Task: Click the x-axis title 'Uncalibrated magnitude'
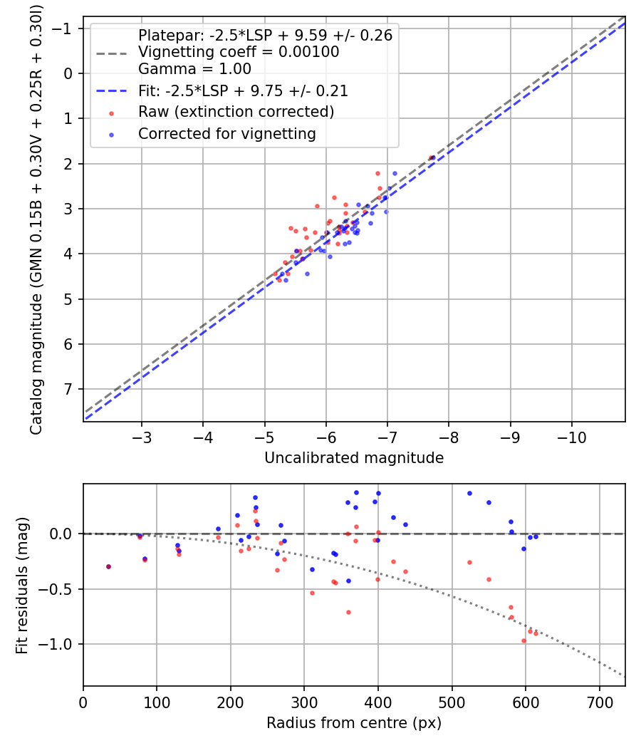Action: pyautogui.click(x=354, y=458)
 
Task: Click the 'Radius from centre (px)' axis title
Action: pyautogui.click(x=354, y=723)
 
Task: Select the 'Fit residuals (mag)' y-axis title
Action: pyautogui.click(x=22, y=585)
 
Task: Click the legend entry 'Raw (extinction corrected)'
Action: pyautogui.click(x=236, y=112)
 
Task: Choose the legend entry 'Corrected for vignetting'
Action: pyautogui.click(x=226, y=133)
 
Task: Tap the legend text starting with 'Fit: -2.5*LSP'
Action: pyautogui.click(x=242, y=91)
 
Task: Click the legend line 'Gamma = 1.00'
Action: pyautogui.click(x=194, y=69)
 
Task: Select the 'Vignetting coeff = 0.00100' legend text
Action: pyautogui.click(x=239, y=52)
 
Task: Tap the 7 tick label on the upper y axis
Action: pyautogui.click(x=69, y=389)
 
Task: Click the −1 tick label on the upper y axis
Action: pyautogui.click(x=64, y=28)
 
